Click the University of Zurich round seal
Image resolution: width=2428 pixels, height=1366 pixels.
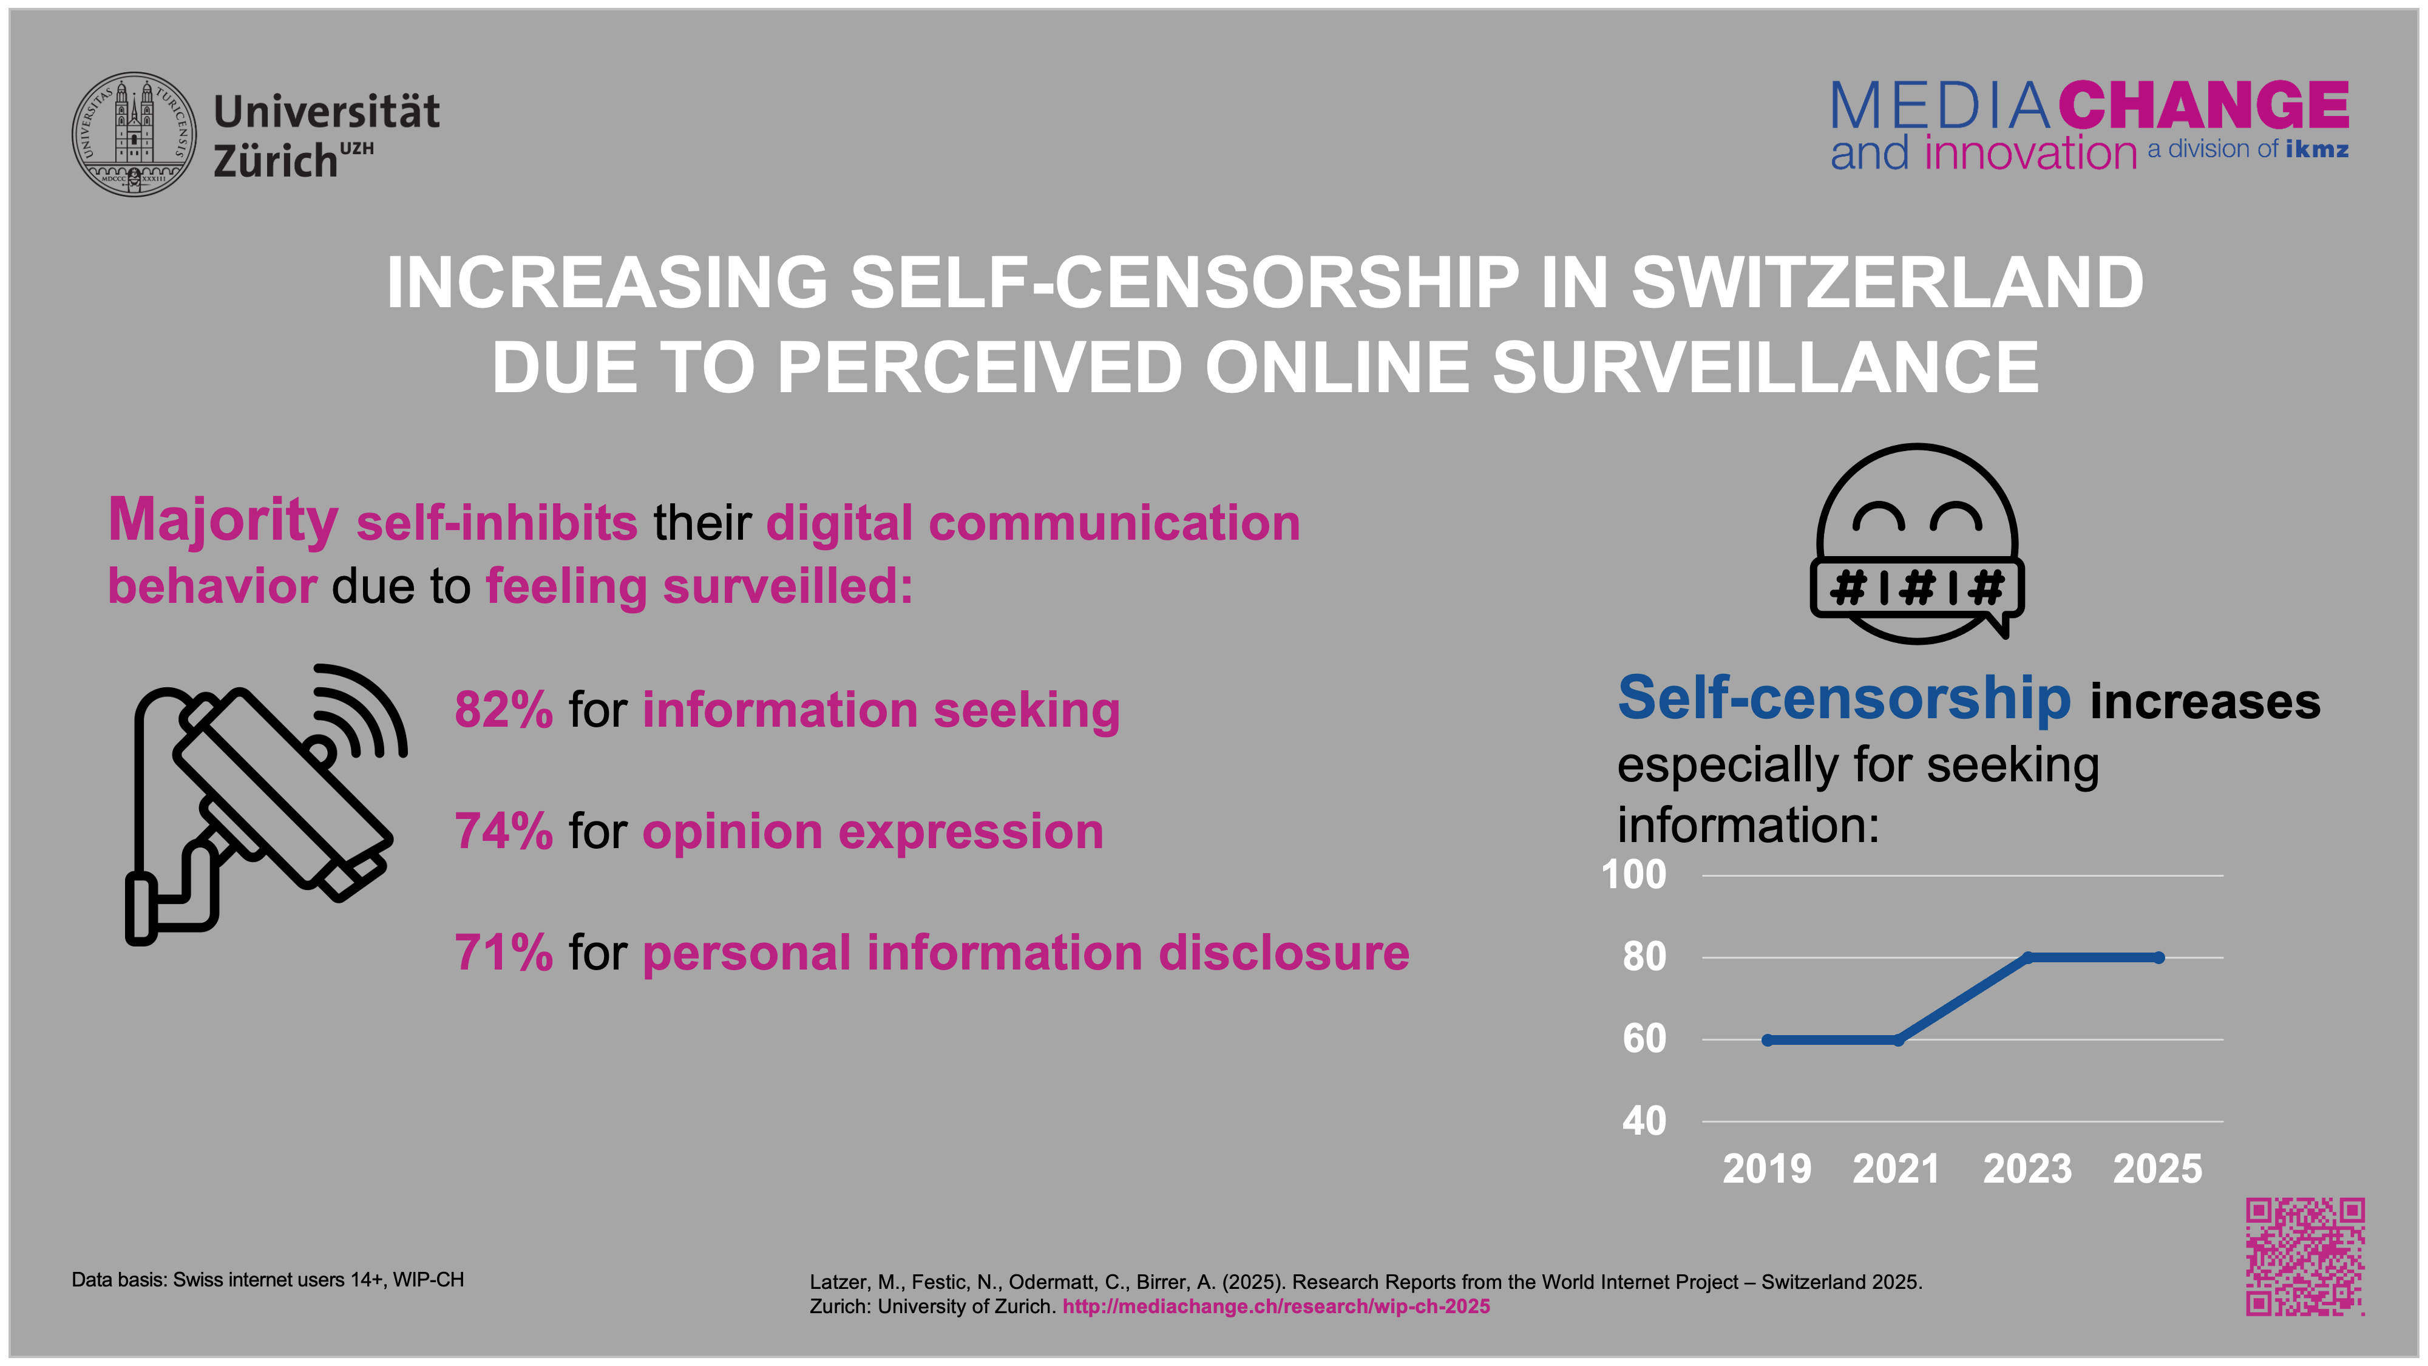135,135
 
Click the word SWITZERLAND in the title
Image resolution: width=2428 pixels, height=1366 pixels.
1887,283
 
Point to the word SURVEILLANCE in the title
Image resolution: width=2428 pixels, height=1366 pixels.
1765,368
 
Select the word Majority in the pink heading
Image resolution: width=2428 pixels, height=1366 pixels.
223,520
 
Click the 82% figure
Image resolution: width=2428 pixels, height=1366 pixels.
503,710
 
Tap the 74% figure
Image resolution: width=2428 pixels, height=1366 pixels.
503,832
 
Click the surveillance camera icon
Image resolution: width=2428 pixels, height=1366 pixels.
264,801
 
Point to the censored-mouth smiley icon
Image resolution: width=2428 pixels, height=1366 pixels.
1916,544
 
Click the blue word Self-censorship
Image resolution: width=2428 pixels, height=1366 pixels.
1843,699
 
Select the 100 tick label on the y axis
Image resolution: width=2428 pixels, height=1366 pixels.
1633,875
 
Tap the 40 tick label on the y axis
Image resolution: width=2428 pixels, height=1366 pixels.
1644,1121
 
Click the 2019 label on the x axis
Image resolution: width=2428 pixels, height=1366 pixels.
1766,1169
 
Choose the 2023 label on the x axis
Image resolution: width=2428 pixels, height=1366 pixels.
2027,1169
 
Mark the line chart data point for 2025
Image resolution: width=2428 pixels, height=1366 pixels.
2158,958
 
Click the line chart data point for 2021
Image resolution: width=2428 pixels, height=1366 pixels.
1897,1040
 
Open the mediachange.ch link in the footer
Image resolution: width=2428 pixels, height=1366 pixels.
1275,1307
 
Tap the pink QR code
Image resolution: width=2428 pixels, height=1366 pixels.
2305,1257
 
